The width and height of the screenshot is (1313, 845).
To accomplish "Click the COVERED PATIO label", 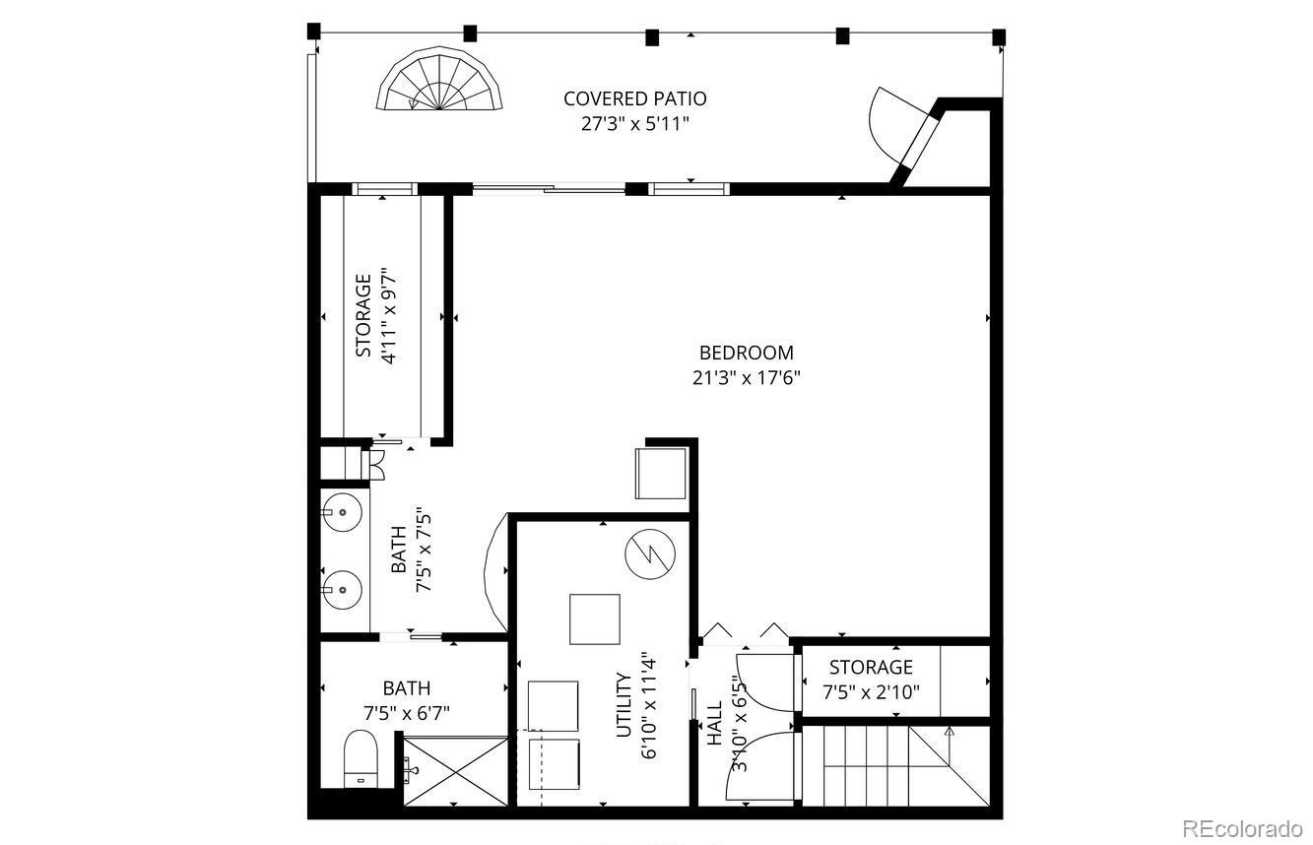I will (x=634, y=98).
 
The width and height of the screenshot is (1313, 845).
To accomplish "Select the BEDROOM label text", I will (x=746, y=353).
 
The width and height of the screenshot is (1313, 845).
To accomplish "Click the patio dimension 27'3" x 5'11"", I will (x=634, y=124).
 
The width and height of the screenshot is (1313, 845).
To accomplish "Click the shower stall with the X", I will (x=455, y=774).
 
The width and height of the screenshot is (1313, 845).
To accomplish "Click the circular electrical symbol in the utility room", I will (x=648, y=555).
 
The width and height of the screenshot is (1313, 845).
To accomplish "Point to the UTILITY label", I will (x=623, y=704).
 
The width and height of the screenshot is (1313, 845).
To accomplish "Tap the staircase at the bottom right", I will (x=892, y=763).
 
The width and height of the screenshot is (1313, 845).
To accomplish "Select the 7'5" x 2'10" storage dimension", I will (x=871, y=692).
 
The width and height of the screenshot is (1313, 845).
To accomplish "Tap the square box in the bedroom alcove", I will (x=661, y=473).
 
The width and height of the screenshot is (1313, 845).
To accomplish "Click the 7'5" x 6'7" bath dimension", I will (x=407, y=712).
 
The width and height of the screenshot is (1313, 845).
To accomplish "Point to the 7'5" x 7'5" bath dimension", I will (x=424, y=550).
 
